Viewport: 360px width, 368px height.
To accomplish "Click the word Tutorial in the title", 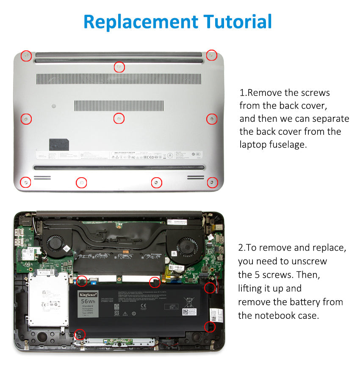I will pyautogui.click(x=238, y=22).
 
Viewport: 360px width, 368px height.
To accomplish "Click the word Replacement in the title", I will pyautogui.click(x=140, y=22).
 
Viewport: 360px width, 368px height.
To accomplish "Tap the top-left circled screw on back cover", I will pyautogui.click(x=26, y=56).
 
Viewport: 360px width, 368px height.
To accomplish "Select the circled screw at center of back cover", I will pyautogui.click(x=119, y=119).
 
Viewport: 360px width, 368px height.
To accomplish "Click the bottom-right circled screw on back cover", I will pyautogui.click(x=211, y=183).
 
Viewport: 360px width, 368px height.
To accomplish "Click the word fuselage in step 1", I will pyautogui.click(x=287, y=144).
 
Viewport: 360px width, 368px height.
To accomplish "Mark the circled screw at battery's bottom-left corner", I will pyautogui.click(x=78, y=334).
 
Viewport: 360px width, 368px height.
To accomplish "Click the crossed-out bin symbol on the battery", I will pyautogui.click(x=189, y=302).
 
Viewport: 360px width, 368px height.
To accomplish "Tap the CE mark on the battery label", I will pyautogui.click(x=143, y=305).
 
